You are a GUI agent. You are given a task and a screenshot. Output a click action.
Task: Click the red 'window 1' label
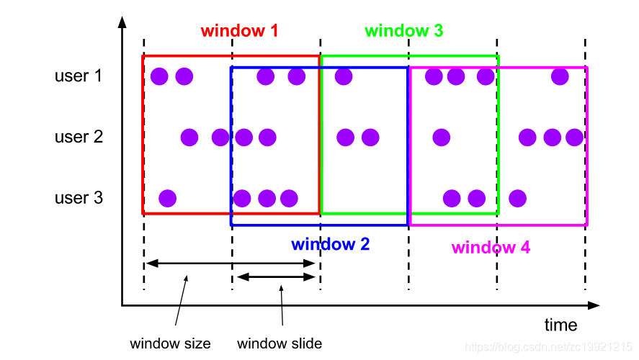coord(239,31)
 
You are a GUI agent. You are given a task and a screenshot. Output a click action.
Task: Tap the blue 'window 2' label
coord(330,244)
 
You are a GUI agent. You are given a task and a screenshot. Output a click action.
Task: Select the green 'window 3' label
coord(403,31)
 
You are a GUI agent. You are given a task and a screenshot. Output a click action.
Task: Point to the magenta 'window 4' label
coord(491,248)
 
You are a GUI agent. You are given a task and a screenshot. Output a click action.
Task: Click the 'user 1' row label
coord(79,75)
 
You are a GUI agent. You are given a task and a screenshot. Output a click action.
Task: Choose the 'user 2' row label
coord(79,136)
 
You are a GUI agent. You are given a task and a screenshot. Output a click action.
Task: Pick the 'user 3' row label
coord(79,197)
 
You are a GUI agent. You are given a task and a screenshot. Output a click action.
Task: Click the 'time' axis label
coord(560,325)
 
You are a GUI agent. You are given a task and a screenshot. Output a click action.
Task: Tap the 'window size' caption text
coord(170,343)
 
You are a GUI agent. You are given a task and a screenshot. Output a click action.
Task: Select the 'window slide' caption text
coord(279,343)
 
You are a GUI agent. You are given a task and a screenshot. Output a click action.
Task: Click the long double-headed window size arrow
coord(231,264)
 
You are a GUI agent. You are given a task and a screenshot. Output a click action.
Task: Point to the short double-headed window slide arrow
coord(276,277)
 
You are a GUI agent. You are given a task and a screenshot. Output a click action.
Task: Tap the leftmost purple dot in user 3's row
coord(167,198)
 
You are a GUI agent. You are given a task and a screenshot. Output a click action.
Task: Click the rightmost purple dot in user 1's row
coord(560,76)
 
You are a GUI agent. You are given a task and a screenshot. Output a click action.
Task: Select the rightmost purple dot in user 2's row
coord(574,137)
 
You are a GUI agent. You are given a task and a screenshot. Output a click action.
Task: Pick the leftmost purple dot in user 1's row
coord(160,76)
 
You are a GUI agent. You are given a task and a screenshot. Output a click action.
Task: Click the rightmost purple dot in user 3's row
coord(517,198)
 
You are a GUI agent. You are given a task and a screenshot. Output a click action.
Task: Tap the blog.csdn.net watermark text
coord(558,348)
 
